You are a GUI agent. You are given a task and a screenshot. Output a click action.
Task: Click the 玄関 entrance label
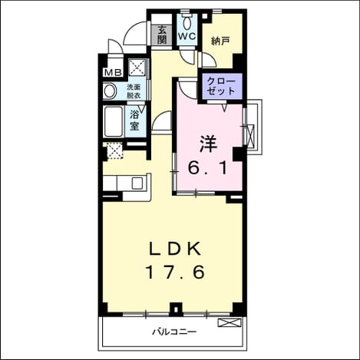[x=162, y=35]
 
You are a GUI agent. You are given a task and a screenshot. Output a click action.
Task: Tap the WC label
[x=187, y=36]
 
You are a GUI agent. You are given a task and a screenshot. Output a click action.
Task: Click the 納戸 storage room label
[x=220, y=41]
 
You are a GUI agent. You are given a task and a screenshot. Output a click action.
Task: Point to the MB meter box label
[x=113, y=73]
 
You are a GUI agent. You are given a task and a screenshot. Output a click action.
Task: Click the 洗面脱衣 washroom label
[x=134, y=91]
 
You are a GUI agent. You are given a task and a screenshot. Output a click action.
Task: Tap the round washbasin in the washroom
[x=110, y=91]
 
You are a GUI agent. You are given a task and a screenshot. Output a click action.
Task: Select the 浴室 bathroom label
[x=134, y=121]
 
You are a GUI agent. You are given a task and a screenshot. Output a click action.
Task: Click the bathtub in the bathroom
[x=114, y=121]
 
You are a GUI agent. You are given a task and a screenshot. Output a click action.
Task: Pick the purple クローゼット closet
[x=222, y=86]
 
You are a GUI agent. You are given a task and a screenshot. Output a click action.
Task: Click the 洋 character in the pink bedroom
[x=208, y=144]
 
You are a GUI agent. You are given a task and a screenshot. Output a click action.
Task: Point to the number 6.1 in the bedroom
[x=208, y=168]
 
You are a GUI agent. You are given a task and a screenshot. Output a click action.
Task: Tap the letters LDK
[x=175, y=249]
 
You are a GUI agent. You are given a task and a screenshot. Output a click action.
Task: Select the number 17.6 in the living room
[x=176, y=272]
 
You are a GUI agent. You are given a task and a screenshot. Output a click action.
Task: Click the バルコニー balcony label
[x=175, y=332]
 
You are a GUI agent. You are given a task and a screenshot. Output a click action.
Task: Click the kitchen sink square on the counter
[x=137, y=183]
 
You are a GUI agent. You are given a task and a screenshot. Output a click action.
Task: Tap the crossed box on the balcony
[x=230, y=322]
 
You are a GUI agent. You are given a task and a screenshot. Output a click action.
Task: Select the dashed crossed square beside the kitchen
[x=114, y=150]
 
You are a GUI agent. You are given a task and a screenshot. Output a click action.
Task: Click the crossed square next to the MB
[x=137, y=68]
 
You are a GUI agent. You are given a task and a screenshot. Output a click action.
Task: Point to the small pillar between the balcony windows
[x=176, y=309]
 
